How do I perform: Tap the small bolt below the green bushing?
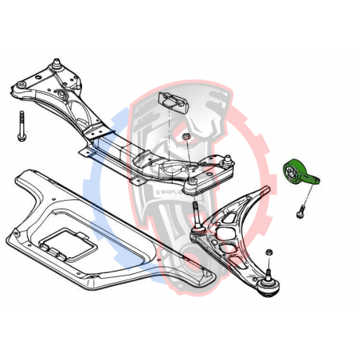(301, 213)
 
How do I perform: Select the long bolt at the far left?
(20, 127)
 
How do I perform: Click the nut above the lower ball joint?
(269, 253)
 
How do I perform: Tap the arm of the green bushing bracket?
(316, 179)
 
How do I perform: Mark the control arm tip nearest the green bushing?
(268, 190)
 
